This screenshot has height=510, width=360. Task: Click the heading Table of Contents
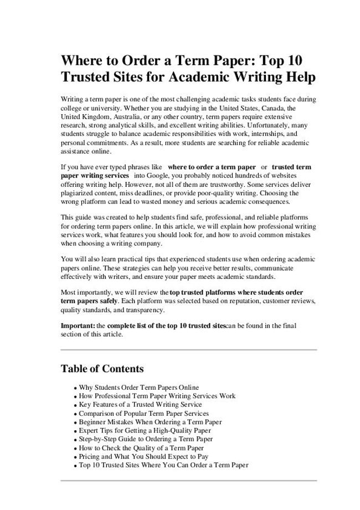click(x=102, y=369)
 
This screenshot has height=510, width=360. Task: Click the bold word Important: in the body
click(x=78, y=326)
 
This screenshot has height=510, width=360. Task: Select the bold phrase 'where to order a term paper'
click(x=212, y=167)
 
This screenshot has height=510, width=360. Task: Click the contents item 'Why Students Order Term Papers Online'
click(x=139, y=387)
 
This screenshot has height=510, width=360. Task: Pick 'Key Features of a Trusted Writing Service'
click(x=141, y=405)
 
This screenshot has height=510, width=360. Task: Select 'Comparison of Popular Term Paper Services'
click(x=144, y=414)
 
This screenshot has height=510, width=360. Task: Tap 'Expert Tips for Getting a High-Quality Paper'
click(x=145, y=431)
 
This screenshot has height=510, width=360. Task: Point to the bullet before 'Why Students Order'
click(x=75, y=388)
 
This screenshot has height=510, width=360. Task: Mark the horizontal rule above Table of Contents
click(x=188, y=350)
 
